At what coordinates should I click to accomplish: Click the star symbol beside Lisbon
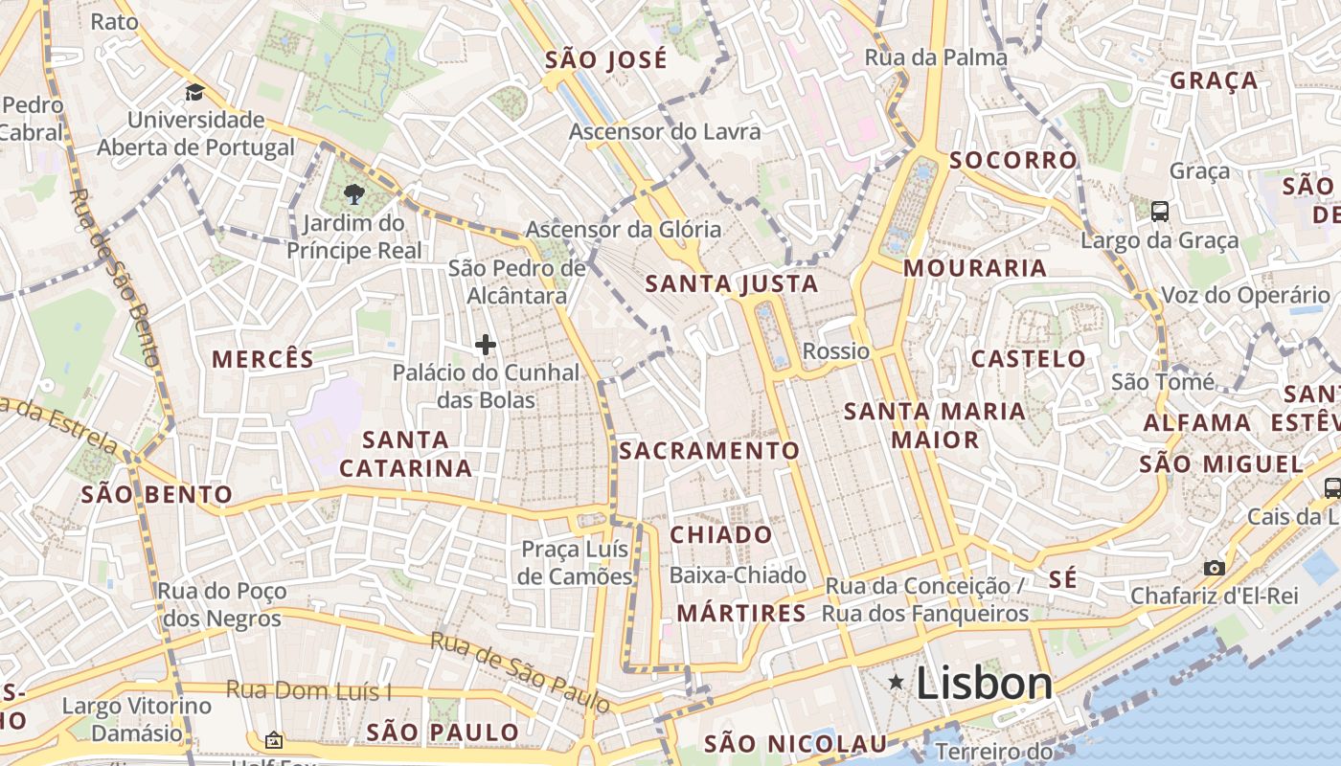point(896,682)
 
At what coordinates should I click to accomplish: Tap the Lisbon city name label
point(984,684)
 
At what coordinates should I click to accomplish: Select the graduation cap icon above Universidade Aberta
point(195,93)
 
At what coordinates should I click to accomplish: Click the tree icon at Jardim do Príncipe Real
point(354,194)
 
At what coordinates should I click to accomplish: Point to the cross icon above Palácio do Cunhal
point(486,345)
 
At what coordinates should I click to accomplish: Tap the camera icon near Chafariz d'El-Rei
point(1215,568)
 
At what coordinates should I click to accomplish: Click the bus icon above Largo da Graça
point(1160,211)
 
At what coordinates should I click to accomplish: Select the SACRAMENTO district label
point(709,450)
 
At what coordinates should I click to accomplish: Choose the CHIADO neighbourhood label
point(721,534)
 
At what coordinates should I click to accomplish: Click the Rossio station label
point(836,351)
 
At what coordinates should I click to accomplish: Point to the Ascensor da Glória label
point(623,230)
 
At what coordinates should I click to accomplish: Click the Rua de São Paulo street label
point(520,671)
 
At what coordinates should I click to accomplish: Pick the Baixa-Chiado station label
point(738,575)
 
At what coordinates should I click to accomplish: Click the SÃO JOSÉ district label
point(606,60)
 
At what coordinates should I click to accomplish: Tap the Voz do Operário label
point(1245,296)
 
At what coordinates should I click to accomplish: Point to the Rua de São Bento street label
point(112,278)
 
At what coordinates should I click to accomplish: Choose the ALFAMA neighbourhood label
point(1197,422)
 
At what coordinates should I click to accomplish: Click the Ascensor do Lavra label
point(665,131)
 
